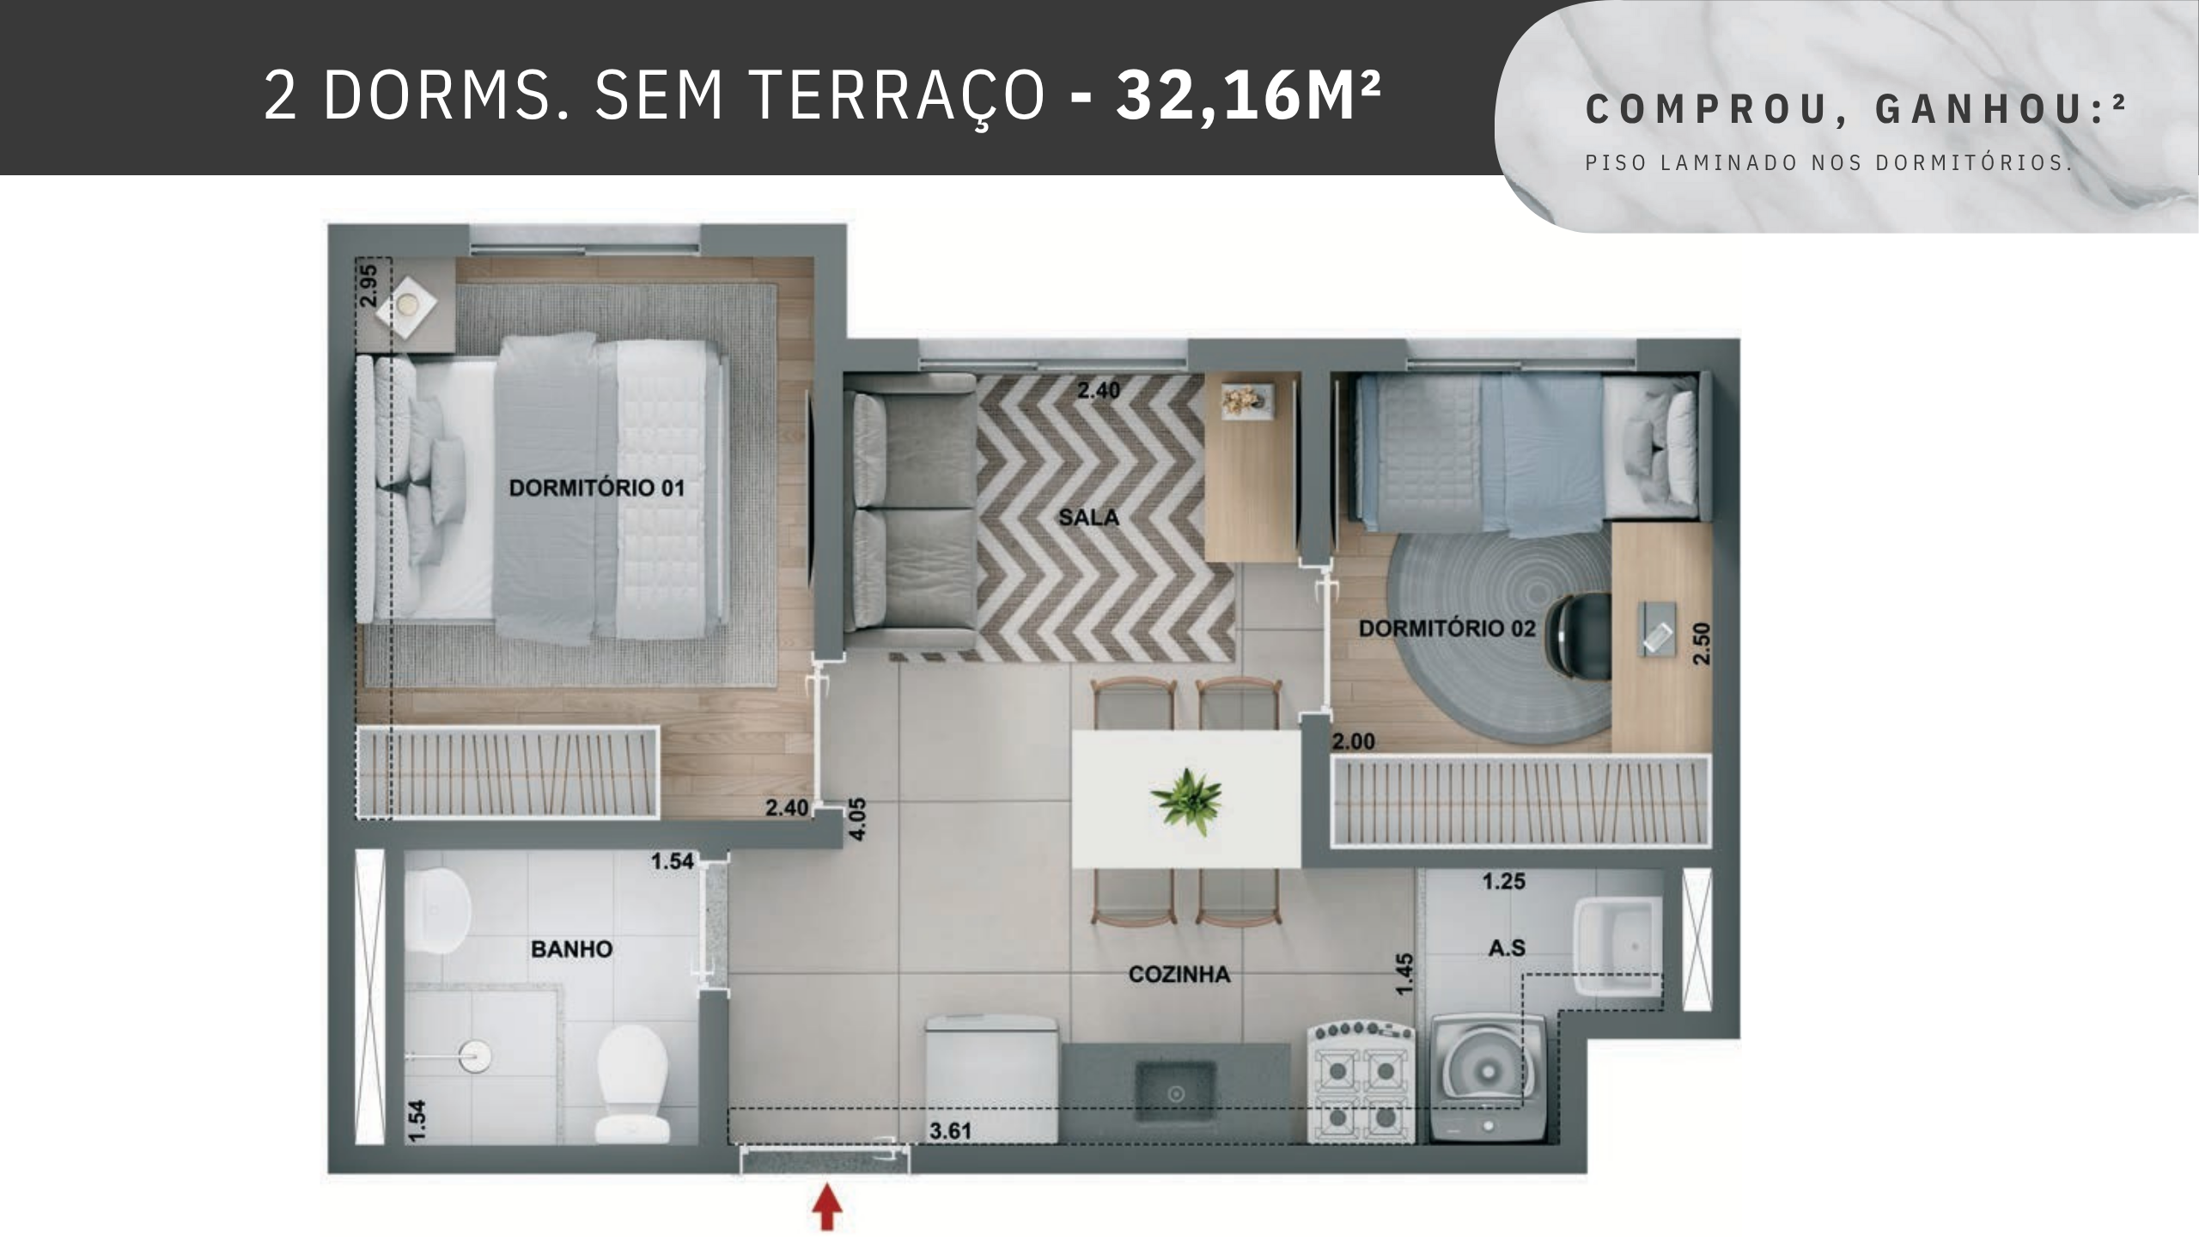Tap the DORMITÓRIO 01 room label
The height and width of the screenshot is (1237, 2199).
tap(597, 489)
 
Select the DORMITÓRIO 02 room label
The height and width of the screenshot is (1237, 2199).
tap(1447, 629)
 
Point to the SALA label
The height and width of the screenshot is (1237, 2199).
tap(1088, 517)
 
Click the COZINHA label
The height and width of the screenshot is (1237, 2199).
tap(1179, 974)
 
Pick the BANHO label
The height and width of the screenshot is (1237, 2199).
tap(571, 949)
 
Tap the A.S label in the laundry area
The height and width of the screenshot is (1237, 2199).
tap(1507, 948)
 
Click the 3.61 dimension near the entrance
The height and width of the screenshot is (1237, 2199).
tap(950, 1131)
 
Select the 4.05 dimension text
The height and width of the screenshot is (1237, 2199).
tap(858, 820)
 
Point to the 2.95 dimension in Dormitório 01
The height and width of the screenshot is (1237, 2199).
tap(369, 286)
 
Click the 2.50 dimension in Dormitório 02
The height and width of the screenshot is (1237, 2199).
tap(1701, 643)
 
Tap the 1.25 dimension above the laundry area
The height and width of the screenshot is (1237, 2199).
tap(1503, 881)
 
